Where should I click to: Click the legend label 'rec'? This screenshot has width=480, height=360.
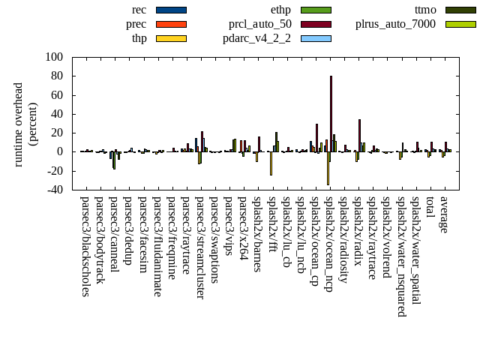pos(139,10)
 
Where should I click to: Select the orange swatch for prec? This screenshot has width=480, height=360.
pos(171,24)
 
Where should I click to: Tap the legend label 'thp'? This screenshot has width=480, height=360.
pos(139,38)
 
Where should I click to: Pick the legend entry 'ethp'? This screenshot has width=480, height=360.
pos(280,10)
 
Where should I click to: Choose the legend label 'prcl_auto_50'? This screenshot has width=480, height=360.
pos(260,24)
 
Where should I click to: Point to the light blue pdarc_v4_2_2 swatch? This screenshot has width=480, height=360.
pos(316,38)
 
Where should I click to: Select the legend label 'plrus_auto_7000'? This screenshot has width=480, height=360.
pos(395,24)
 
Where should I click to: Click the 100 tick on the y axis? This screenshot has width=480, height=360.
pos(54,57)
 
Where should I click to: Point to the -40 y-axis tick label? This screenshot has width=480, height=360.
pos(54,190)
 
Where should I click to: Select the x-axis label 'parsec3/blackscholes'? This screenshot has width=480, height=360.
pos(85,246)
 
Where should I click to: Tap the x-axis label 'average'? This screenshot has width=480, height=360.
pos(444,213)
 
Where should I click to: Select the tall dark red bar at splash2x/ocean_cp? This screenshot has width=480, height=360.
pos(316,137)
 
